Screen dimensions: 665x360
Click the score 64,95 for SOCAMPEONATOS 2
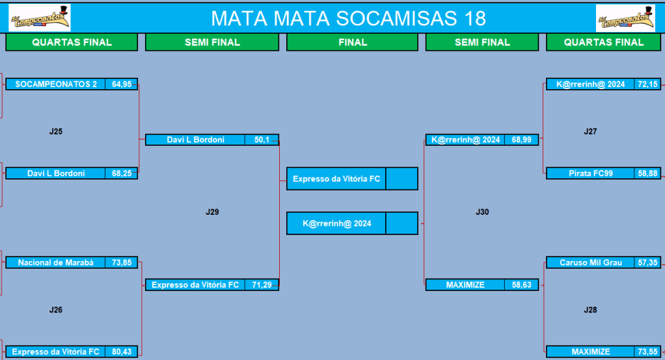pos(122,84)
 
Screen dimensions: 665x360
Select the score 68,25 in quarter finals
pos(122,173)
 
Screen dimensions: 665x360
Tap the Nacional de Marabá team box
pos(55,262)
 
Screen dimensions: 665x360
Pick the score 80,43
pos(122,352)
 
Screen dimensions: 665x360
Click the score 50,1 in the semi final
pos(262,140)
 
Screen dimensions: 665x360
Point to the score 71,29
pos(262,285)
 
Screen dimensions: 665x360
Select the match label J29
pos(213,212)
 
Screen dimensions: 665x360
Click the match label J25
pos(55,132)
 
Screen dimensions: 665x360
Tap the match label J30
pos(482,212)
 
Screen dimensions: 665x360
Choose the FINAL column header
pos(353,42)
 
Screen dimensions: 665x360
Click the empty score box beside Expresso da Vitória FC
pos(401,179)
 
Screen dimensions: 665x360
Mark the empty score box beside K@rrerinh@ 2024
pos(401,223)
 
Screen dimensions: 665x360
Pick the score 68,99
pos(521,140)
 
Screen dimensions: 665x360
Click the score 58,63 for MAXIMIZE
pos(521,285)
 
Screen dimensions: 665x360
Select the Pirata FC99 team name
pos(591,173)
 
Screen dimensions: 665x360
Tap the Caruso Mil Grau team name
pos(591,262)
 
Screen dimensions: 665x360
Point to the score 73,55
pos(647,352)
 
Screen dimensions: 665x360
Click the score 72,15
pos(647,84)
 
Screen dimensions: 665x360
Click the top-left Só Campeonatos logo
pos(40,18)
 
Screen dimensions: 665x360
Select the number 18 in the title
pos(474,18)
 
